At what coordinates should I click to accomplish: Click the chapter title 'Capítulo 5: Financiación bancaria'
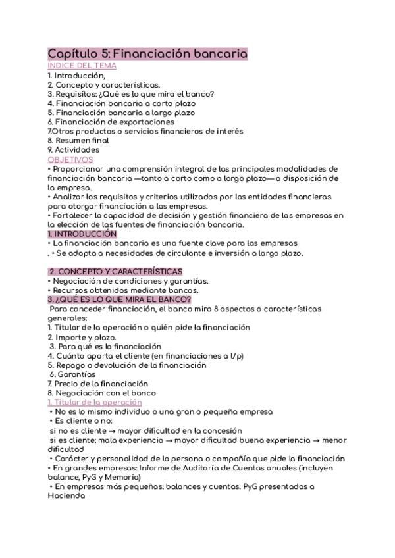pyautogui.click(x=147, y=54)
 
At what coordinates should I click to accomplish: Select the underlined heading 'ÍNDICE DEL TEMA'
pyautogui.click(x=82, y=66)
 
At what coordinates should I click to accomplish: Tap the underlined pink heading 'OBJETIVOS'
pyautogui.click(x=70, y=159)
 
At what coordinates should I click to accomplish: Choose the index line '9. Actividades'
pyautogui.click(x=73, y=150)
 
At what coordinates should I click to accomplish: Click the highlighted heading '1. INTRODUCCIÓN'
pyautogui.click(x=82, y=234)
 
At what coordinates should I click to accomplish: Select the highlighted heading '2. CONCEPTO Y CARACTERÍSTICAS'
pyautogui.click(x=116, y=271)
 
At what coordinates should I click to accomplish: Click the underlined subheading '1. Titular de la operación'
pyautogui.click(x=95, y=402)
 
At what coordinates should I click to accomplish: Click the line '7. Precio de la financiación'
pyautogui.click(x=97, y=384)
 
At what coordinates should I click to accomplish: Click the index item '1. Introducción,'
pyautogui.click(x=76, y=75)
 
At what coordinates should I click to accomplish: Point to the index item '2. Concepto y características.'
pyautogui.click(x=103, y=84)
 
